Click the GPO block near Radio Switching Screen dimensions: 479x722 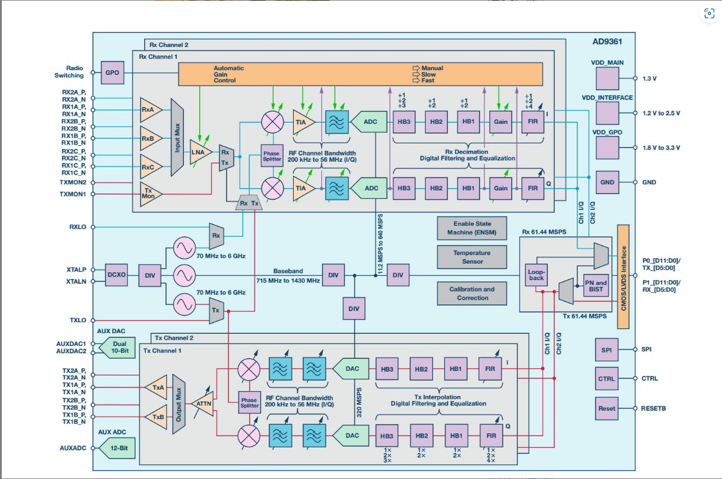112,73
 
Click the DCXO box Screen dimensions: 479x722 116,275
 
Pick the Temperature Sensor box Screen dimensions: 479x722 472,257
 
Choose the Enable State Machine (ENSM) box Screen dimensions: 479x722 472,228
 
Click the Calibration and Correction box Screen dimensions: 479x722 472,294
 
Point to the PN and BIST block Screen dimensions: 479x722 596,286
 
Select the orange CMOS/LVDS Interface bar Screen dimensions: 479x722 623,268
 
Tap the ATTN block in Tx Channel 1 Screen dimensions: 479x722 202,403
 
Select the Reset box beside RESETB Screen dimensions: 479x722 607,408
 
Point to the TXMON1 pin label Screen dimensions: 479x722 73,194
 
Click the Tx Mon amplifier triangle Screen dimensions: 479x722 149,193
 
